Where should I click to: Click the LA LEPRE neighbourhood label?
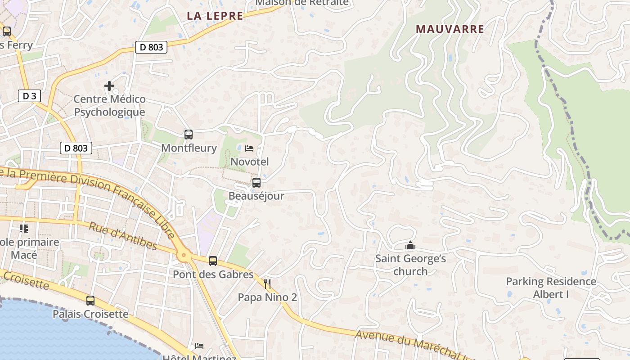(215, 16)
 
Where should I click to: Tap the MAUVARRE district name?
(450, 29)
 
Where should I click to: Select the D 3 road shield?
(29, 95)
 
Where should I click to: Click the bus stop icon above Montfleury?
(189, 134)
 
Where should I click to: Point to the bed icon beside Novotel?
(249, 148)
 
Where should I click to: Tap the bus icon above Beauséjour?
(256, 183)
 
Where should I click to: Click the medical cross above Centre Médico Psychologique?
(109, 85)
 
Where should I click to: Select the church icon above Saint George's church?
(410, 245)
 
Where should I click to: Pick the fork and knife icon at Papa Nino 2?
(267, 283)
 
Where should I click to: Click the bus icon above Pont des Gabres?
(213, 261)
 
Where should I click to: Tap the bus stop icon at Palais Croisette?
(90, 300)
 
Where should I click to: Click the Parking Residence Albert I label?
(551, 288)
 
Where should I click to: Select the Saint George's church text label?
(410, 265)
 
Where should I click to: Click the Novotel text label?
(249, 162)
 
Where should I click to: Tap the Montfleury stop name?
(189, 148)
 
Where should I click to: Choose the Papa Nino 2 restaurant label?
(267, 297)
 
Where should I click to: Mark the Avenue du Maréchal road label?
(414, 344)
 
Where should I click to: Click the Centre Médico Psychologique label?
(109, 105)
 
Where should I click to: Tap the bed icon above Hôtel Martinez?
(199, 346)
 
